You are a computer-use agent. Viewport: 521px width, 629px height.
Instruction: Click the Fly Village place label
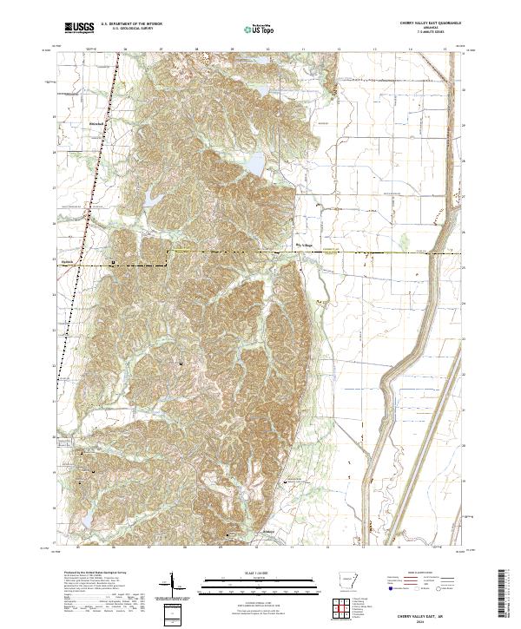(x=307, y=244)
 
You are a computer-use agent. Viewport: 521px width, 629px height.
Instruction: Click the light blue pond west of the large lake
(x=153, y=199)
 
